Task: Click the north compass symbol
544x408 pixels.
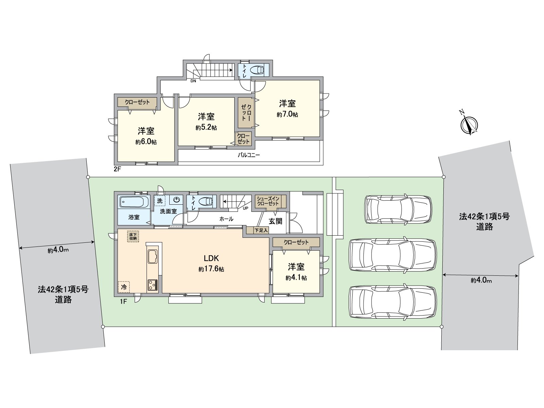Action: tap(469, 125)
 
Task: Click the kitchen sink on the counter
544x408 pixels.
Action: tap(152, 257)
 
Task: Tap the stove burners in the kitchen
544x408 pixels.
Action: tap(152, 284)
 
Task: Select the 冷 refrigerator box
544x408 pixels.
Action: tap(124, 287)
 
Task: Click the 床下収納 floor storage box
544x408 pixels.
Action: tap(133, 236)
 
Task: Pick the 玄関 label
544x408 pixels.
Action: tap(275, 221)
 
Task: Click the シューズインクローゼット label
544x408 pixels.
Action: tap(268, 201)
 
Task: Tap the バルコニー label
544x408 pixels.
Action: tap(249, 155)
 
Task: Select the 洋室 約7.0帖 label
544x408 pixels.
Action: tap(287, 108)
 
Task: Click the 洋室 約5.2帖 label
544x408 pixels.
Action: tap(206, 122)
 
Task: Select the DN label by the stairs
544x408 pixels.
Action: tap(193, 81)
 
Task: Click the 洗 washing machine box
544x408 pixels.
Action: tap(159, 201)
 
